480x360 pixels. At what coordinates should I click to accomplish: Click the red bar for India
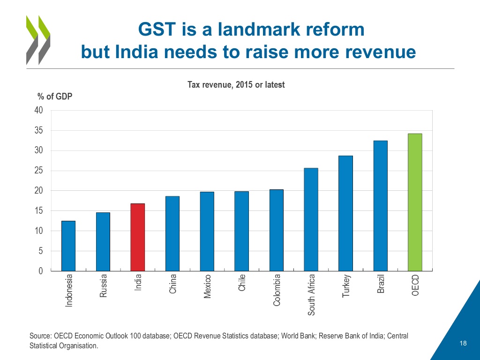[138, 237]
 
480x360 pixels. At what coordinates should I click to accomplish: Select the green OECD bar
[415, 202]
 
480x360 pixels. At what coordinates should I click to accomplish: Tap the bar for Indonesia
[68, 246]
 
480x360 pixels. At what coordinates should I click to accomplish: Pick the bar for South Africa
[311, 219]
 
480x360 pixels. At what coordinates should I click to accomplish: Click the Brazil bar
[380, 206]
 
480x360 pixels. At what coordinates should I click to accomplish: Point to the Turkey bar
[345, 213]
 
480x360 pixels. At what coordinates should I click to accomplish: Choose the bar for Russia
[103, 242]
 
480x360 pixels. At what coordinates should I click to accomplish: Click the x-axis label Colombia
[277, 290]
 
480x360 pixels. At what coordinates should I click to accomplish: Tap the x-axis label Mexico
[207, 287]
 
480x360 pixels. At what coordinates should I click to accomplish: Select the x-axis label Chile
[242, 283]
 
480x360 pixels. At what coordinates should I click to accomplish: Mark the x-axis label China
[172, 284]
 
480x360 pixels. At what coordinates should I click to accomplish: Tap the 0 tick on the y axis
[41, 271]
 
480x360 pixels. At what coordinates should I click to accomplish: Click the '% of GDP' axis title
[55, 97]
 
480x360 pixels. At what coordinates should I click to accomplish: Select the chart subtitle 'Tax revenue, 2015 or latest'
[236, 85]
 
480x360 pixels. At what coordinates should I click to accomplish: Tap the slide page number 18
[463, 344]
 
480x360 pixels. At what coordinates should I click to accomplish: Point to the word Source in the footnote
[40, 336]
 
